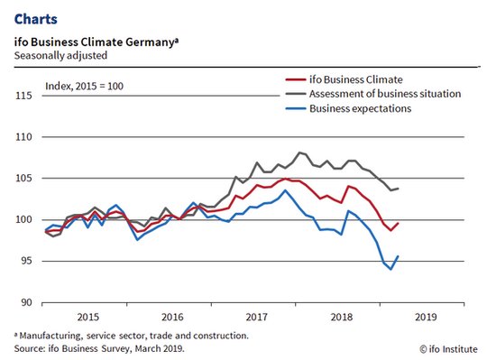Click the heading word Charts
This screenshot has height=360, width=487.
point(36,19)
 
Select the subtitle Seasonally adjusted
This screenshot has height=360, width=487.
point(60,56)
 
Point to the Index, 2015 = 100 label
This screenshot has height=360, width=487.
point(84,86)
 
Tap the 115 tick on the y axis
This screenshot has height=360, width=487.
point(23,96)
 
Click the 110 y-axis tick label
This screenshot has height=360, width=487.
point(23,137)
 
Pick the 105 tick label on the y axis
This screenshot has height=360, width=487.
point(23,179)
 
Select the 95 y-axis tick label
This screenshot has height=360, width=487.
point(26,261)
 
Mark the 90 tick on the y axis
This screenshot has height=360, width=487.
point(26,302)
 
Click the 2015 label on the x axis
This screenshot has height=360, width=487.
point(87,317)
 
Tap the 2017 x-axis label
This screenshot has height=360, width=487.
point(256,317)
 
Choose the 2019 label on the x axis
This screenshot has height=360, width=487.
point(426,317)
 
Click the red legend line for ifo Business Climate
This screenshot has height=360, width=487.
point(296,79)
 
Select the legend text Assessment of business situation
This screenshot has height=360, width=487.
point(385,94)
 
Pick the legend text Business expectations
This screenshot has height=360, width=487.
point(360,108)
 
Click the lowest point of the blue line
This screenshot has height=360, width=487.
point(391,269)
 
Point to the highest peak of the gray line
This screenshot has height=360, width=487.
point(299,152)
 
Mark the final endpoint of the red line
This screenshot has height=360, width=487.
point(398,223)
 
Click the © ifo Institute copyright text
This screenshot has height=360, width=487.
point(448,349)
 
